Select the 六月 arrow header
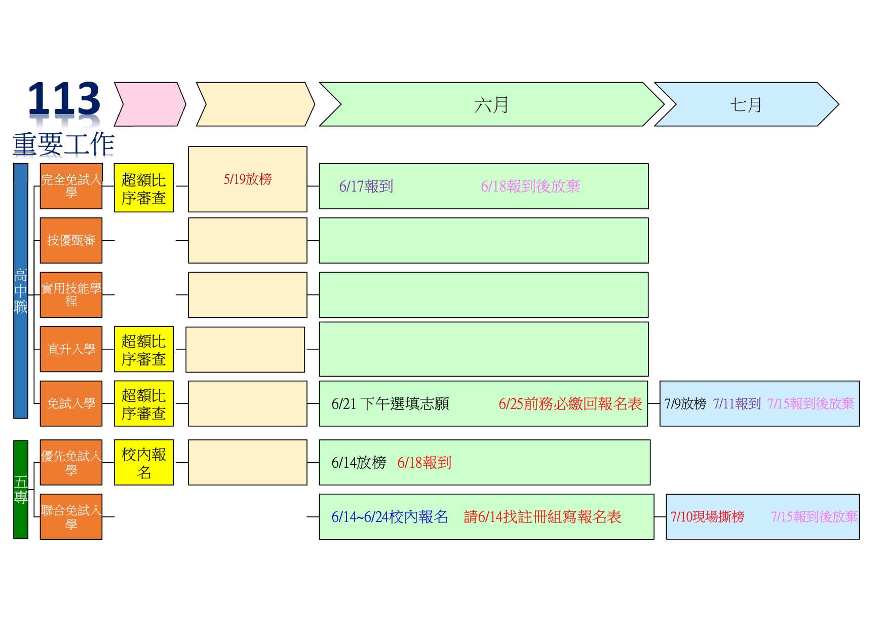click(491, 104)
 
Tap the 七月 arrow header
click(746, 104)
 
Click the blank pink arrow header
click(150, 104)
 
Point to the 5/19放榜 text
click(248, 179)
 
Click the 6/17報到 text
click(366, 187)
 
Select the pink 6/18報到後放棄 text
click(530, 187)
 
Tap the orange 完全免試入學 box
click(71, 186)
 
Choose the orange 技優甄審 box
click(71, 240)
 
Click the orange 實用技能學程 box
click(71, 294)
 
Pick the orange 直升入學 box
click(71, 349)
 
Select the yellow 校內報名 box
click(144, 462)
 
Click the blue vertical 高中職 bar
click(21, 290)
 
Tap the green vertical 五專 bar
click(21, 489)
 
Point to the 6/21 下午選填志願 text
click(390, 404)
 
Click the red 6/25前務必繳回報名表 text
click(570, 404)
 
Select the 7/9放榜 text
click(685, 404)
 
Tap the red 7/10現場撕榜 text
click(708, 517)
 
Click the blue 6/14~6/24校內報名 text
click(390, 517)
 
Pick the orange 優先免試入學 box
click(71, 462)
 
